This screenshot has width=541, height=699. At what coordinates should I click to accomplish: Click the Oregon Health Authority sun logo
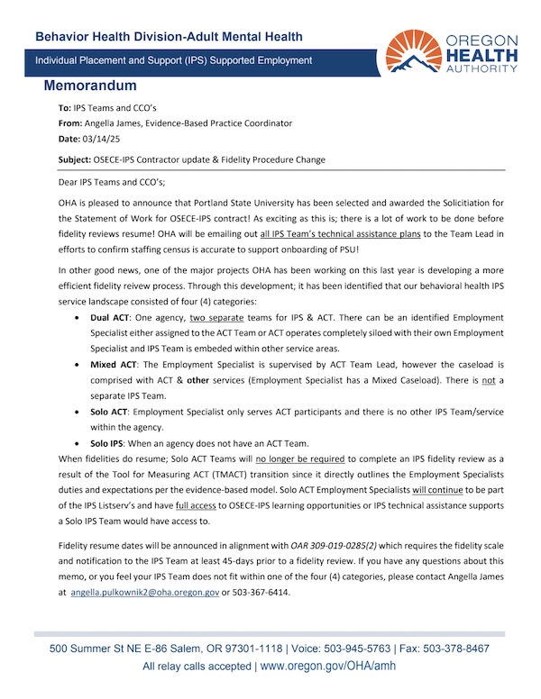(x=417, y=51)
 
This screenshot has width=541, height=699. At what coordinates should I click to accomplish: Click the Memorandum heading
(x=90, y=86)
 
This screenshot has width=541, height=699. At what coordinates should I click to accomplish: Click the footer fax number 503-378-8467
(x=456, y=649)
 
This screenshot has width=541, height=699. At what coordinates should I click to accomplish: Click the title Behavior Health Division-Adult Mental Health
(x=169, y=37)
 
